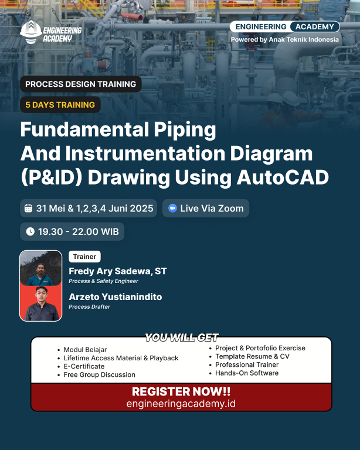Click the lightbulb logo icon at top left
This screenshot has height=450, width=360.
point(31,32)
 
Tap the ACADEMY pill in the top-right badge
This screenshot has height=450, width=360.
point(315,27)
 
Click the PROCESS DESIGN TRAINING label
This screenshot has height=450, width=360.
point(81,84)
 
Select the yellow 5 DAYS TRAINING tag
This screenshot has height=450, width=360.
point(60,105)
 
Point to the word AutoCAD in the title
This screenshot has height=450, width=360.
point(283,178)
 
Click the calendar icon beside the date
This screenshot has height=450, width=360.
point(28,209)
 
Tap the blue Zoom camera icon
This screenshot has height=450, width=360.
point(172,208)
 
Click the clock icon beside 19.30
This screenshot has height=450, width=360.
point(30,231)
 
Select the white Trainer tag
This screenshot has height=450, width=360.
point(84,257)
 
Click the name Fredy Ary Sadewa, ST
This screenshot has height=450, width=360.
point(118,271)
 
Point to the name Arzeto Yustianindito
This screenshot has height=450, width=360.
point(116,296)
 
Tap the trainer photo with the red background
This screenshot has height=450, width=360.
point(41,304)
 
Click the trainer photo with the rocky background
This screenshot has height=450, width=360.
point(41,268)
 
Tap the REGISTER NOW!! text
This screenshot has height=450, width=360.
point(181,391)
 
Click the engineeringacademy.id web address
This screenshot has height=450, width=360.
point(181,404)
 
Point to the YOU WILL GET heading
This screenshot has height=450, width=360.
point(182,337)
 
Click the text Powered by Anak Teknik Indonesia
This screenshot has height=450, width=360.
point(285,40)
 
